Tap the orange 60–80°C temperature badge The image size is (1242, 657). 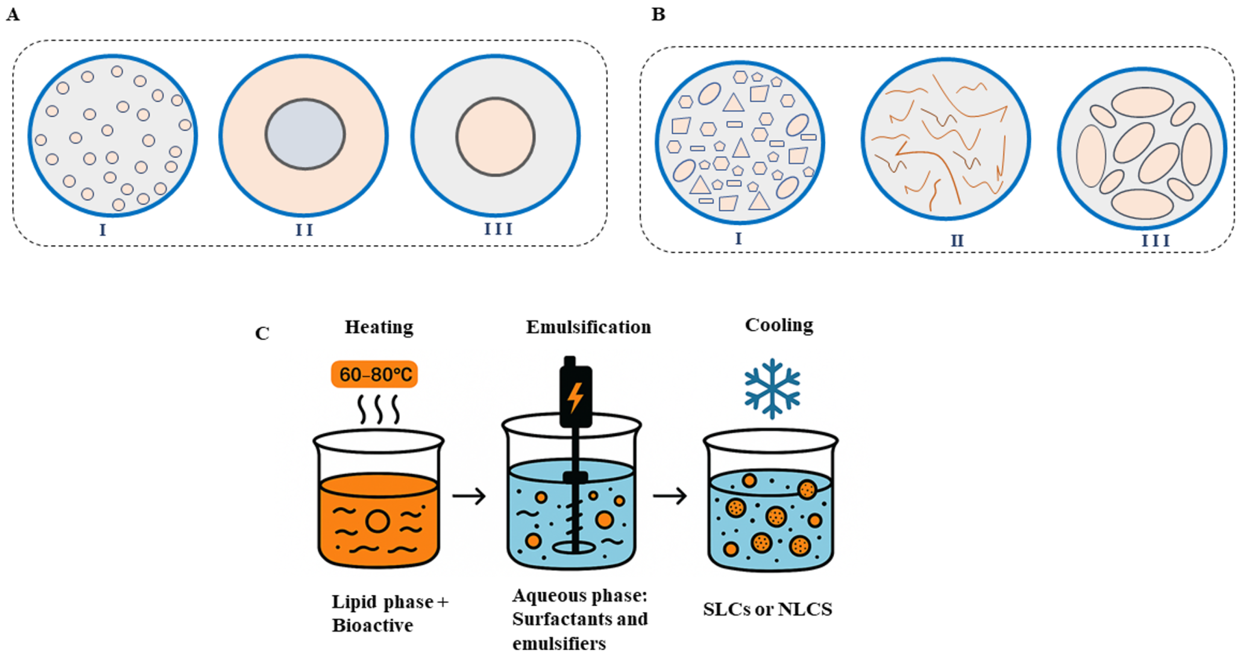tap(374, 374)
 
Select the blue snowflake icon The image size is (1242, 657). tap(772, 388)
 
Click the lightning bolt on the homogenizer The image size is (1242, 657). tap(575, 398)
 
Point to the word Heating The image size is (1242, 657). tap(379, 327)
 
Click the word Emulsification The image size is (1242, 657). tap(588, 327)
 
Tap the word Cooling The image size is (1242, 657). tap(779, 326)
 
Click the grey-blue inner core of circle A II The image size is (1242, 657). tap(305, 134)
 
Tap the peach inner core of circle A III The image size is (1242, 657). tap(495, 137)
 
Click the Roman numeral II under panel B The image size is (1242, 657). tap(957, 240)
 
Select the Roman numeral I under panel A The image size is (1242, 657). tap(102, 230)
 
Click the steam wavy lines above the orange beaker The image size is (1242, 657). tap(379, 409)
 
